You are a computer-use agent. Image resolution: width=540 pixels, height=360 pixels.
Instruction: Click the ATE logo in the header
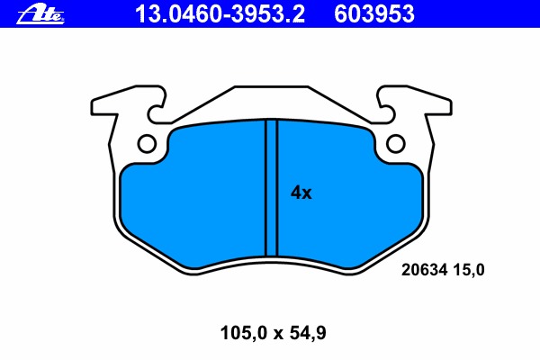tap(40, 14)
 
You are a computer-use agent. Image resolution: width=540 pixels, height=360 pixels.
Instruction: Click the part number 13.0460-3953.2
tap(220, 14)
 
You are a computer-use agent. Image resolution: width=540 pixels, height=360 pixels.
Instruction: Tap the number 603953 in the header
tap(374, 14)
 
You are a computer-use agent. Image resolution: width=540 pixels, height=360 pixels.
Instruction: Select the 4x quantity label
tap(301, 193)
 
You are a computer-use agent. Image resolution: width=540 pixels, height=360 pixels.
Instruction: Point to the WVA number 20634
tap(424, 270)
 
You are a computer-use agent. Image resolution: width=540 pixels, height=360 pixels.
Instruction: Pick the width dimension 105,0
tap(244, 333)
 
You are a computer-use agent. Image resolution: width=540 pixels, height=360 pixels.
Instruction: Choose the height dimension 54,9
tap(308, 333)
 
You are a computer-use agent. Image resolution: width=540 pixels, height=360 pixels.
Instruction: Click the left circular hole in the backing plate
tap(147, 144)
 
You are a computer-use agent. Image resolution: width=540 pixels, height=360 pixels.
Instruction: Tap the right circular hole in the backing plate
tap(395, 144)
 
